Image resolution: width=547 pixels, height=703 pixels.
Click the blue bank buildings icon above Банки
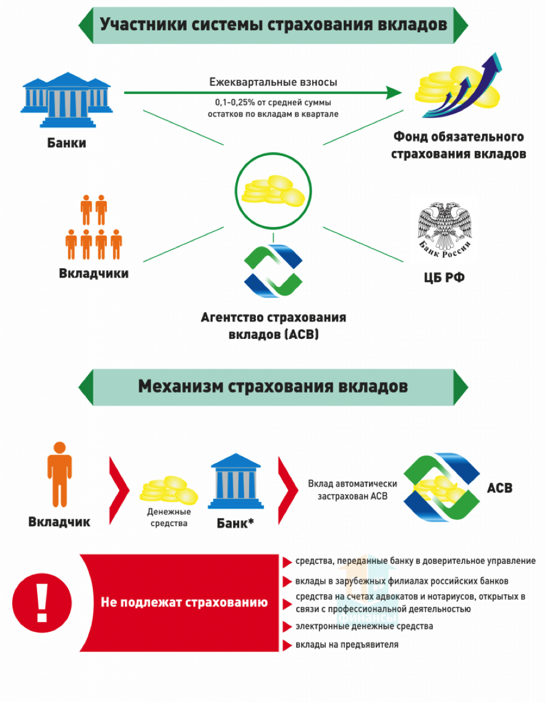tap(66, 101)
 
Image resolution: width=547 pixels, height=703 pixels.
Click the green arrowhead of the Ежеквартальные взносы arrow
tap(394, 93)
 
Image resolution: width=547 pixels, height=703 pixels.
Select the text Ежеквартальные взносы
tap(273, 82)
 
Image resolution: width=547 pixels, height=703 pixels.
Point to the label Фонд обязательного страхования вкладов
tap(459, 145)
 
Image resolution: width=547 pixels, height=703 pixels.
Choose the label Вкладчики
tap(94, 273)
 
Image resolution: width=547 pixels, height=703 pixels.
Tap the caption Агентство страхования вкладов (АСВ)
tap(273, 326)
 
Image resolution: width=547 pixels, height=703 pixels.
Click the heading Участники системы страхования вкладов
tap(273, 25)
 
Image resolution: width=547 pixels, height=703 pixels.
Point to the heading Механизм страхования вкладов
tap(273, 386)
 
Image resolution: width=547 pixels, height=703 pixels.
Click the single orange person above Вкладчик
tap(59, 474)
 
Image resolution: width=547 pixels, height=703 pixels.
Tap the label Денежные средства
tap(169, 518)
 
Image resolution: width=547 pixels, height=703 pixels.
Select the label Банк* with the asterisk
tap(235, 523)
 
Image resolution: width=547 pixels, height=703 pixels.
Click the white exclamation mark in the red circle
tap(42, 602)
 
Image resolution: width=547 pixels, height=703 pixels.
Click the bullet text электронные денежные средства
tap(364, 626)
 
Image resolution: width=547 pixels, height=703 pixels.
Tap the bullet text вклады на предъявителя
tap(347, 644)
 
